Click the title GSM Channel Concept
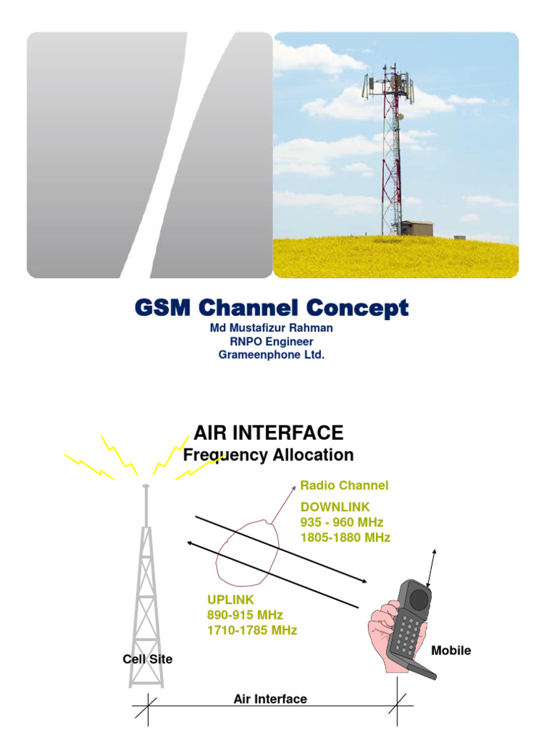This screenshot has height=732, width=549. (272, 309)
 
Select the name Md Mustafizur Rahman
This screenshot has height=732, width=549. (271, 328)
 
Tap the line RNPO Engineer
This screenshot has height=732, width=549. (271, 341)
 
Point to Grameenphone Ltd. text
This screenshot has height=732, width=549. (272, 354)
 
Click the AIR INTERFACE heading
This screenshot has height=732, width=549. (269, 432)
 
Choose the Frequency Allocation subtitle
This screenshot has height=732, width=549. (269, 455)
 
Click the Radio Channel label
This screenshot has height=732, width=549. (345, 485)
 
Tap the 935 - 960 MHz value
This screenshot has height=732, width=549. (342, 522)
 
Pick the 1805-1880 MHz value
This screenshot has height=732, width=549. (345, 537)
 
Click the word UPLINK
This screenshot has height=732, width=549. (230, 599)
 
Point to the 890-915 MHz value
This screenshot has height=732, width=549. (245, 615)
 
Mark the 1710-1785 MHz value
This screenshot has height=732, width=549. (252, 630)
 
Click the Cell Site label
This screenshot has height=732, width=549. (148, 659)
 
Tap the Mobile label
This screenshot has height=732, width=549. (451, 651)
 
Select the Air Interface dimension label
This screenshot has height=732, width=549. (270, 699)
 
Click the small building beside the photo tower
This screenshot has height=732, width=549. (417, 228)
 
